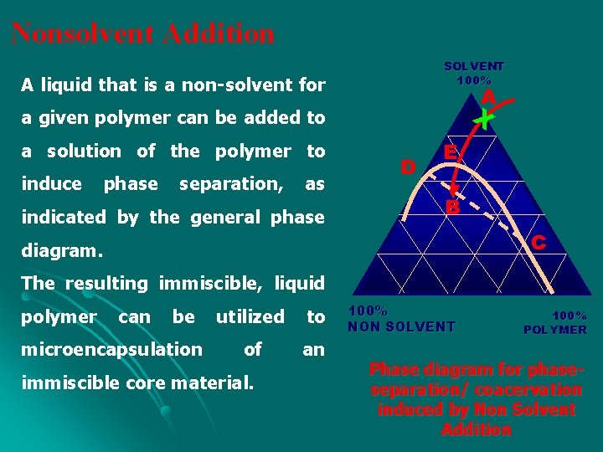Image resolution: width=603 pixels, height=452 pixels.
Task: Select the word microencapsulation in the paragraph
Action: tap(112, 349)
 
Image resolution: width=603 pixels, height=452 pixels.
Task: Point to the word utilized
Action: tap(250, 316)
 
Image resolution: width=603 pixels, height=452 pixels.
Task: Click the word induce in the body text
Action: tap(51, 183)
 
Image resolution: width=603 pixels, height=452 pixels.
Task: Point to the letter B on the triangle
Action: tap(452, 206)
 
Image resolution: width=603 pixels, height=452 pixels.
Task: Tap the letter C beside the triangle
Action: tap(539, 243)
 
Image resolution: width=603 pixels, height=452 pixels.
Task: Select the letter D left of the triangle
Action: tap(408, 167)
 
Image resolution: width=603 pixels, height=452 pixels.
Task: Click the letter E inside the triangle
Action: tap(451, 153)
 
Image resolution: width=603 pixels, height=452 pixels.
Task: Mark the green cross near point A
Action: tap(483, 121)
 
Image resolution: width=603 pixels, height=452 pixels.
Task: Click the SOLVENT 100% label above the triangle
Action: tap(474, 73)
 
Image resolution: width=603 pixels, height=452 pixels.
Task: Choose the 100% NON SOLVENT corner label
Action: tap(401, 319)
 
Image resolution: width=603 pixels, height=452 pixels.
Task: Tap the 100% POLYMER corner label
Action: tap(555, 323)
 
